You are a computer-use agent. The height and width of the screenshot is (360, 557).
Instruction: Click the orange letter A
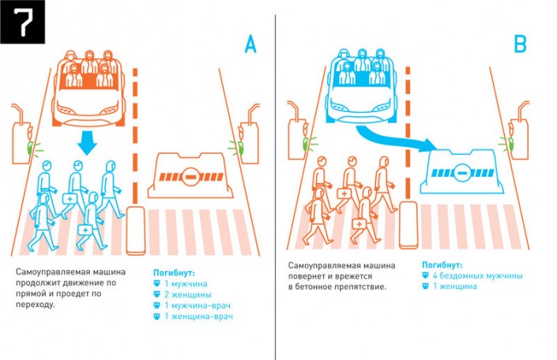[250, 45]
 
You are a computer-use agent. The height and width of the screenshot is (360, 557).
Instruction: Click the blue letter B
[520, 45]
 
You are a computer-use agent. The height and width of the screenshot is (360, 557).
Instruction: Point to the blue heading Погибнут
[442, 264]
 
